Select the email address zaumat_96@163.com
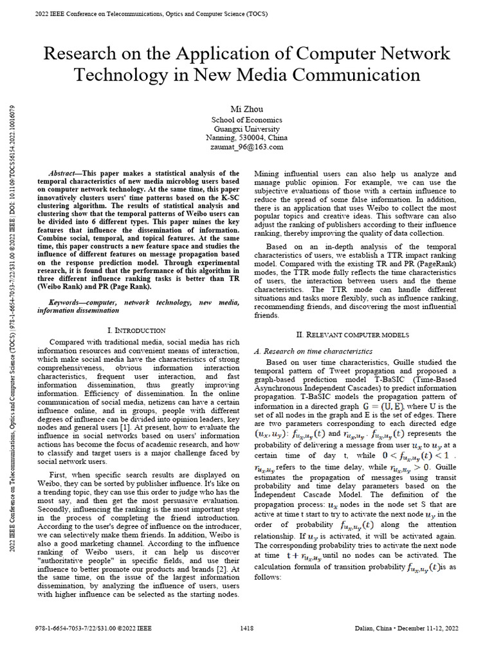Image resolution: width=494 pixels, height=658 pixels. point(247,147)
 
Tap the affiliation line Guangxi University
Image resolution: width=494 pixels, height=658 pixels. point(247,129)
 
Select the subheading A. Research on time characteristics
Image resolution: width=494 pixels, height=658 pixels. point(314,351)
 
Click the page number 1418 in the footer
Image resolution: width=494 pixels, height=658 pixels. point(247,627)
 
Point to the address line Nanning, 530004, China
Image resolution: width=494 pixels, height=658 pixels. point(247,138)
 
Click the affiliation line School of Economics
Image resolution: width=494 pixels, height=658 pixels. point(247,120)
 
